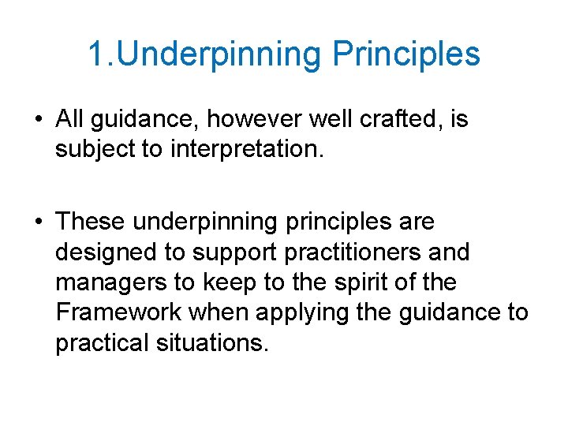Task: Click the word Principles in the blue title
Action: coord(405,54)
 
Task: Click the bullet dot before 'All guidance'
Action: coord(38,121)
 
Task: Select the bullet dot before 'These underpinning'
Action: coord(38,223)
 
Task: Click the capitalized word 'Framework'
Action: coord(118,313)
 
